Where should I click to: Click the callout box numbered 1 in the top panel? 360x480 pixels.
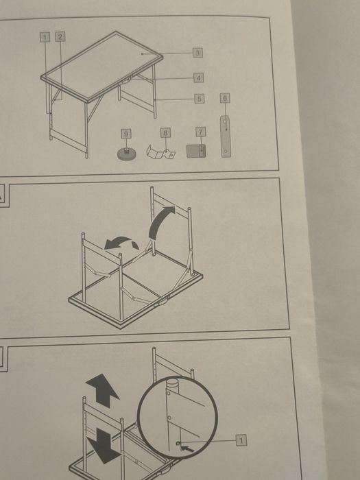pos(45,37)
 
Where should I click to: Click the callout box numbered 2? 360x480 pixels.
pos(60,37)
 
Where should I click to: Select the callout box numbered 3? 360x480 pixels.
pos(197,53)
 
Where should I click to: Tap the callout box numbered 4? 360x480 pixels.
pos(198,77)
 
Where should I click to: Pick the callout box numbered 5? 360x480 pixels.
pos(200,99)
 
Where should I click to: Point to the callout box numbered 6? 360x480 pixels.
pos(225,98)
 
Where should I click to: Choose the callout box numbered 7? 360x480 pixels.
pos(201,132)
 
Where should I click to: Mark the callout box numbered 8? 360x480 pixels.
pos(166,133)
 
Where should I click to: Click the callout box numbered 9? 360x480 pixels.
pos(126,134)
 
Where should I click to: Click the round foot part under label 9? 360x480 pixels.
pos(127,154)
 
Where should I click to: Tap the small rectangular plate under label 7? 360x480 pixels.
pos(196,152)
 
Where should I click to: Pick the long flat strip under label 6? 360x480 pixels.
pos(226,136)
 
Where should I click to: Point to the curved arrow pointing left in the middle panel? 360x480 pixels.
pos(120,242)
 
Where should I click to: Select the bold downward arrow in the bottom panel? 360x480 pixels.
pos(104,446)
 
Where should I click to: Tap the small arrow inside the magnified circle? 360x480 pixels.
pos(187,448)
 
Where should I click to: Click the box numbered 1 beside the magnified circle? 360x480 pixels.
pos(241,440)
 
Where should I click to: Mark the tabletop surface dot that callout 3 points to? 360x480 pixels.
pos(143,54)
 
